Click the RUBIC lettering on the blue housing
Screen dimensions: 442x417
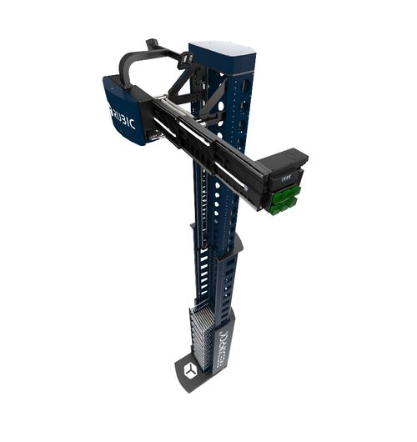click(122, 113)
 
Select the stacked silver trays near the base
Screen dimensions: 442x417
click(202, 333)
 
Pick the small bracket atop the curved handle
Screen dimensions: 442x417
click(153, 43)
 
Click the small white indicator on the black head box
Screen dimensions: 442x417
click(286, 178)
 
